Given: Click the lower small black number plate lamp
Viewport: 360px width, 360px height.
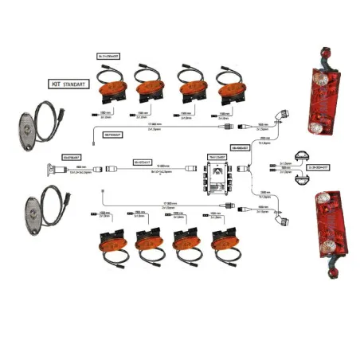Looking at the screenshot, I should pyautogui.click(x=300, y=182).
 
